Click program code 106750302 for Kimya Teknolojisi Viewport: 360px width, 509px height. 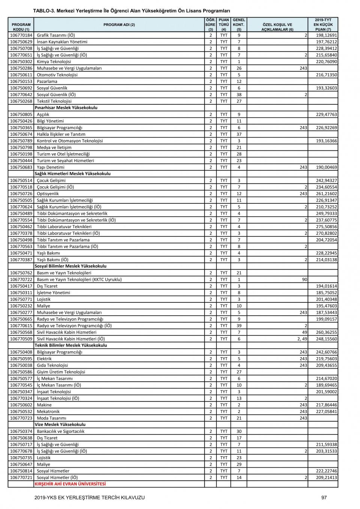coord(21,62)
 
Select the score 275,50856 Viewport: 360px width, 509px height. coord(326,227)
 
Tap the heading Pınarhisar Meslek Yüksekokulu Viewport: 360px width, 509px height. coord(66,108)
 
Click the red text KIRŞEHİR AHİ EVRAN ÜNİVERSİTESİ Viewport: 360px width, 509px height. coord(70,484)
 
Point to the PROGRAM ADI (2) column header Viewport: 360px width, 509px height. coord(119,25)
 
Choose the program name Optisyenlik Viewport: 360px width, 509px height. coord(48,194)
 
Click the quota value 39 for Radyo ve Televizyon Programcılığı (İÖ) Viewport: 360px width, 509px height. coord(239,326)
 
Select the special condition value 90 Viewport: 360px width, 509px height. coord(304,279)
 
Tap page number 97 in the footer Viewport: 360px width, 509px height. coord(324,497)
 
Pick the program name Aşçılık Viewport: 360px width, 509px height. coord(43,114)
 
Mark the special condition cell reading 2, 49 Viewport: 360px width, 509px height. coord(301,339)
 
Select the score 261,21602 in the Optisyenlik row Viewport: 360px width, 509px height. coord(326,194)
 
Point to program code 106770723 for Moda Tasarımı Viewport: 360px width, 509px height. coord(21,418)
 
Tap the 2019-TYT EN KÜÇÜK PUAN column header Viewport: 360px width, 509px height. coord(323,25)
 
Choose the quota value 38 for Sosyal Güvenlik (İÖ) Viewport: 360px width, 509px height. coord(239,95)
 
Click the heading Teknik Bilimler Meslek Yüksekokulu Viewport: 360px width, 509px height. coord(70,345)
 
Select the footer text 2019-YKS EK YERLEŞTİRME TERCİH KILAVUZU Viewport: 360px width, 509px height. coord(89,497)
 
